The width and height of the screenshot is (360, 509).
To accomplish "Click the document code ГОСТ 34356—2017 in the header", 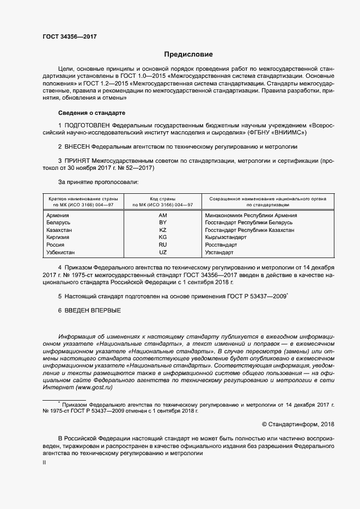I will click(70, 36).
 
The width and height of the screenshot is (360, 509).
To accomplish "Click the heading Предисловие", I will click(189, 54).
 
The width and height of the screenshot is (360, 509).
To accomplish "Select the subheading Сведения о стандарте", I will click(91, 113).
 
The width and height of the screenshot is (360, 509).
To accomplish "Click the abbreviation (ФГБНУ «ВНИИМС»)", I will click(277, 132).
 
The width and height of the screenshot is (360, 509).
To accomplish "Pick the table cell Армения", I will click(58, 216).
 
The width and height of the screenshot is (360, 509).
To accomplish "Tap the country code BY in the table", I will click(162, 223).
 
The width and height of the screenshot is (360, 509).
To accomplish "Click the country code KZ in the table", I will click(162, 230).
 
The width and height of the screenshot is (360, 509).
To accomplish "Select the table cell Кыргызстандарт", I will click(225, 238).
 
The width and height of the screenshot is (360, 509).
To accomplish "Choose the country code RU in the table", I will click(162, 246).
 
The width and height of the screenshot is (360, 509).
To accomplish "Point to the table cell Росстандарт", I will click(221, 246).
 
